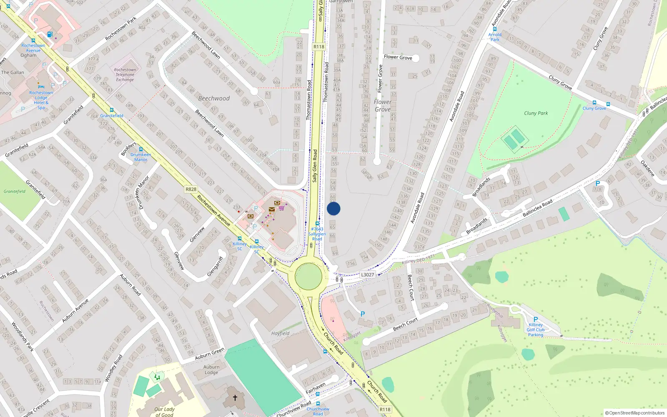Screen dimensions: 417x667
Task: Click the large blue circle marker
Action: click(333, 208)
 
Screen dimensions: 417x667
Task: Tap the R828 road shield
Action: click(191, 189)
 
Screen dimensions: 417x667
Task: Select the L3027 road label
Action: click(367, 274)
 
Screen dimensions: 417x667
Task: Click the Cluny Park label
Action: click(536, 113)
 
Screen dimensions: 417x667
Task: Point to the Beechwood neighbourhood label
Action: click(214, 98)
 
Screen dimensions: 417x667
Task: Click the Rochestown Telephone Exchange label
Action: click(125, 75)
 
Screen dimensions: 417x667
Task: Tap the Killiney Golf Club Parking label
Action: click(536, 329)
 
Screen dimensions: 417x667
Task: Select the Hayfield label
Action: click(280, 333)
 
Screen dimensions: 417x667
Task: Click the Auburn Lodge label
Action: click(211, 369)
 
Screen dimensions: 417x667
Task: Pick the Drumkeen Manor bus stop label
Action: click(141, 157)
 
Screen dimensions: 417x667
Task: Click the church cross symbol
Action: click(235, 397)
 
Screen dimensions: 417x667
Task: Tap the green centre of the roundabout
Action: click(308, 276)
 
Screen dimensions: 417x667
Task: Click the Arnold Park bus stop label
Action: click(495, 37)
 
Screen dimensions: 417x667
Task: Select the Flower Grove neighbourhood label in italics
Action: click(383, 106)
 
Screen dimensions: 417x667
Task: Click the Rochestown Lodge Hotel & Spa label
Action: click(41, 100)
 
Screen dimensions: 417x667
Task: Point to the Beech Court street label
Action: click(405, 324)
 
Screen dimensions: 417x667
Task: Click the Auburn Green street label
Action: click(210, 353)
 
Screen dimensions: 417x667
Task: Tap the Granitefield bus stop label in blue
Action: click(112, 116)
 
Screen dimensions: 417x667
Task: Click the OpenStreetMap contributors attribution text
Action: click(635, 413)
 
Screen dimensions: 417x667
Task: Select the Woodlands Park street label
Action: click(23, 337)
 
